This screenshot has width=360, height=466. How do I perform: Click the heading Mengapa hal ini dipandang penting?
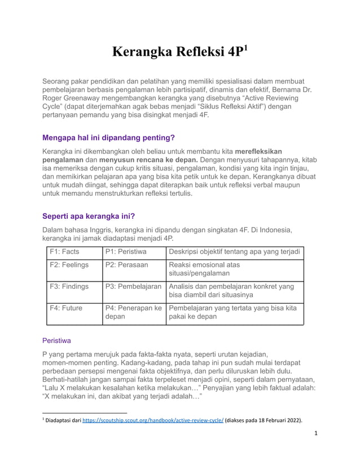(x=108, y=138)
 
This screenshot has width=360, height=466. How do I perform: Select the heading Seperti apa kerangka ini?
(x=89, y=217)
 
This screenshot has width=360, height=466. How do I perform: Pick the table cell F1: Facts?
(x=64, y=252)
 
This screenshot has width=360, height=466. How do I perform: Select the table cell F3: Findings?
(x=69, y=287)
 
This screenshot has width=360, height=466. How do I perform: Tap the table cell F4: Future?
(x=66, y=309)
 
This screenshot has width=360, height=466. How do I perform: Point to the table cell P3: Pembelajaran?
(x=133, y=287)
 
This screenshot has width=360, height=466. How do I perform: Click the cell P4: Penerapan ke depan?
(x=133, y=314)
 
